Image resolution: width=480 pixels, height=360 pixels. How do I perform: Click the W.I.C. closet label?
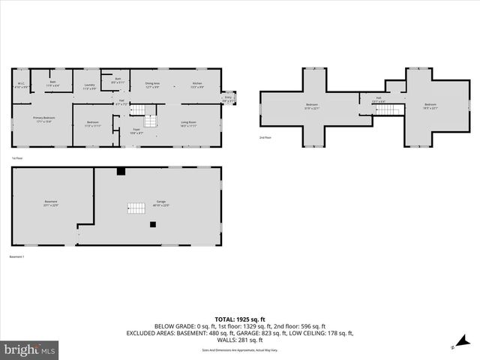coord(22,85)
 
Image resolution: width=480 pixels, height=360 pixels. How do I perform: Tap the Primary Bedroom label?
coord(43,120)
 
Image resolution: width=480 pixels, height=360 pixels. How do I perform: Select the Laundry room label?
coord(89,86)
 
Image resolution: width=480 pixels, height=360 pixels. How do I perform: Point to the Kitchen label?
coord(196,85)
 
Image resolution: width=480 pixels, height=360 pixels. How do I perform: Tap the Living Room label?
coord(188,124)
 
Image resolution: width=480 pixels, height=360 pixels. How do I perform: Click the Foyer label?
coord(136,131)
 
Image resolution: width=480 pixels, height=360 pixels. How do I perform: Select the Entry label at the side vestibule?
coord(228,98)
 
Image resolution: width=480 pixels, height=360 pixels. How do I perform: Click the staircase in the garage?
coord(136,208)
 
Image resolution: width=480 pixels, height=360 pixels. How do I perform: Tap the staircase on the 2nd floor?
coord(385,110)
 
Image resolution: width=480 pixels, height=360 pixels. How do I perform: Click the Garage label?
coord(161,204)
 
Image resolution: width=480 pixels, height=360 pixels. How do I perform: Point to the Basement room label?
coord(50,202)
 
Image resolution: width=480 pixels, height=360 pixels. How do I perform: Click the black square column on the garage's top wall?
coord(120,172)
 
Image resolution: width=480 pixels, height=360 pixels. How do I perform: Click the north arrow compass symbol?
coord(452,346)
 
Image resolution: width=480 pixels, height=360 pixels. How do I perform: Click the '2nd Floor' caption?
coord(265,138)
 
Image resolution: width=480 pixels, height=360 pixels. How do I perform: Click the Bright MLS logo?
coord(30,349)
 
